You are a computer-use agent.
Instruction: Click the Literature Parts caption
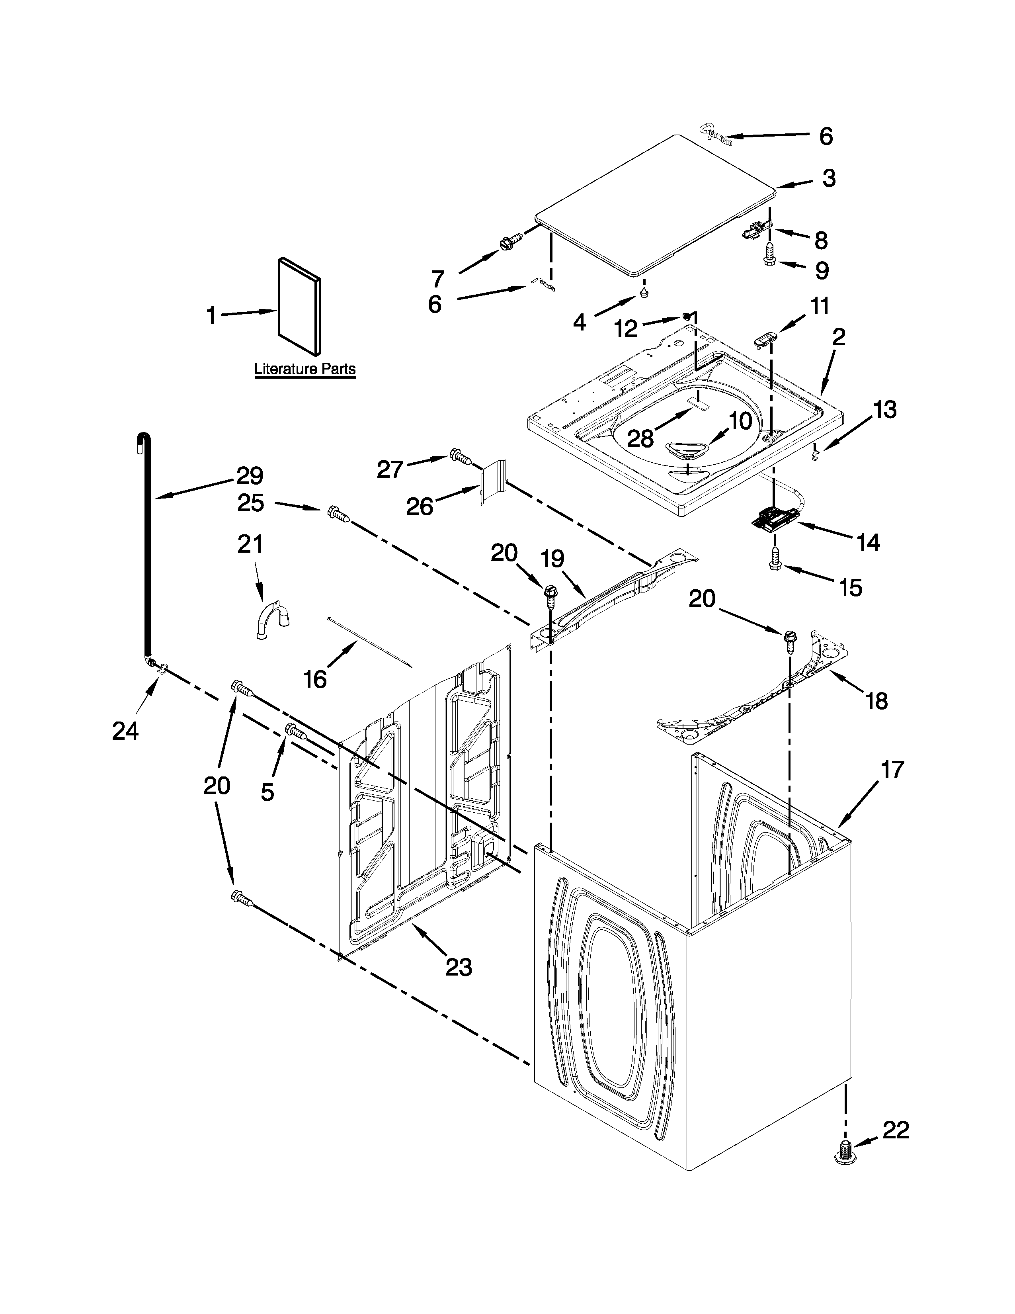pyautogui.click(x=305, y=369)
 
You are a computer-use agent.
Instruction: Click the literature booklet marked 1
pyautogui.click(x=299, y=307)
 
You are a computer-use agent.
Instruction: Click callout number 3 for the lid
pyautogui.click(x=829, y=178)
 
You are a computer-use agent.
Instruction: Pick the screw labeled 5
pyautogui.click(x=296, y=731)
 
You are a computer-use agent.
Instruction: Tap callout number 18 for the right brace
pyautogui.click(x=877, y=700)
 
